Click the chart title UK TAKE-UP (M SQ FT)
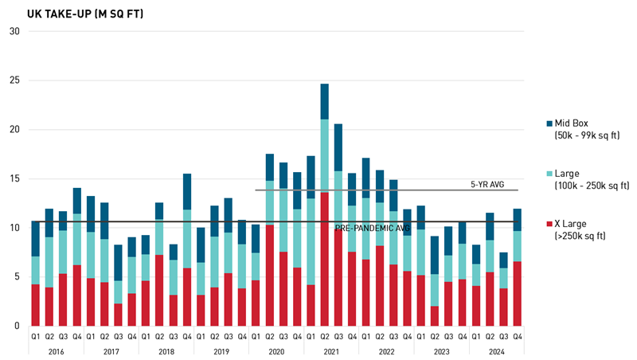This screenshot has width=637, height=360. coord(75,14)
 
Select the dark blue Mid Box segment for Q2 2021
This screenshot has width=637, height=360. coord(325,101)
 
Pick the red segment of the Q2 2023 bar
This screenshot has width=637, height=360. coord(436,316)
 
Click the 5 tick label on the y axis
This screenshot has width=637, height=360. coord(16,277)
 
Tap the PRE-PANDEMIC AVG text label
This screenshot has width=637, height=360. coord(373,228)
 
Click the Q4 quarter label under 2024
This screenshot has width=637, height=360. coord(518,336)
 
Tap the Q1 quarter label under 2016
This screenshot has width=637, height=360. coord(35,336)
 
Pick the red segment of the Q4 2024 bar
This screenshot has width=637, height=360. coord(518,293)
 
